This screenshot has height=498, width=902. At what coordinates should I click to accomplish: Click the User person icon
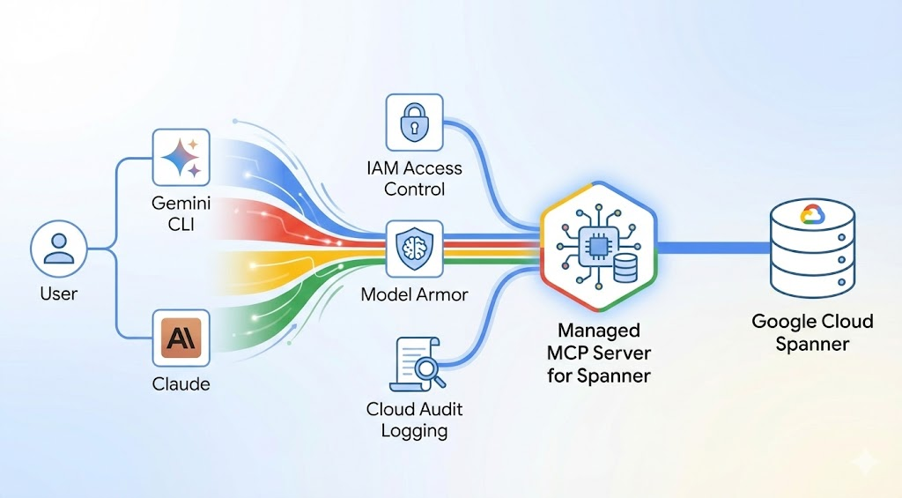tap(59, 248)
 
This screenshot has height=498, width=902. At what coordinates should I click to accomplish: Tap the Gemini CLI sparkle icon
tap(181, 159)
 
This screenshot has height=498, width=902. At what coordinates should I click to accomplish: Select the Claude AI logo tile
tap(181, 338)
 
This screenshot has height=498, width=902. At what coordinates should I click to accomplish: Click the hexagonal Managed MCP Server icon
tap(599, 248)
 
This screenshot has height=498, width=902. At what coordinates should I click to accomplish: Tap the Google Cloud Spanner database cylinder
tap(811, 247)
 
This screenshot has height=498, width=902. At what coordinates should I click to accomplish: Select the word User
tap(59, 294)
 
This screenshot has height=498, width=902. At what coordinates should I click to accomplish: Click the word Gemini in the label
tap(181, 202)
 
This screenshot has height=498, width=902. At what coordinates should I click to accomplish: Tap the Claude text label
tap(181, 384)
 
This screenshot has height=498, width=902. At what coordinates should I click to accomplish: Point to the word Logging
tap(414, 430)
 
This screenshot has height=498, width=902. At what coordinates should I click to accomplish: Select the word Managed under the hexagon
tap(598, 331)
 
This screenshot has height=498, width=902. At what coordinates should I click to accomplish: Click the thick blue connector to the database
tap(713, 248)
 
